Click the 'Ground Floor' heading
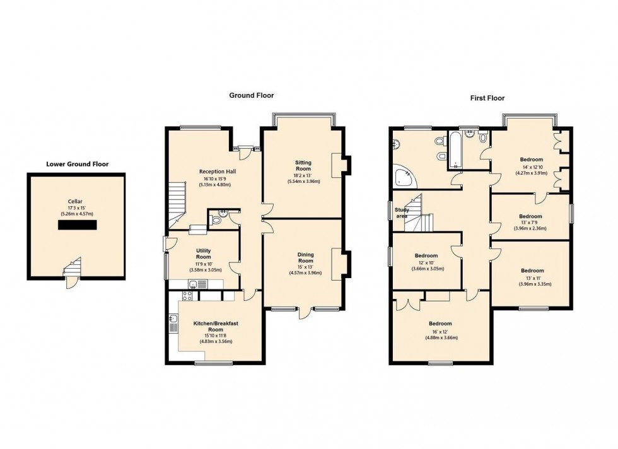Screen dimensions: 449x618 click(251, 95)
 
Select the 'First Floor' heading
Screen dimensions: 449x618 click(487, 98)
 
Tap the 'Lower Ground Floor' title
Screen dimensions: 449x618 click(77, 164)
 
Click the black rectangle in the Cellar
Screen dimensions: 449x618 click(77, 224)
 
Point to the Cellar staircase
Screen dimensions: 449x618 click(74, 267)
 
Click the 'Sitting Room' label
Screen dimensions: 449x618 click(303, 166)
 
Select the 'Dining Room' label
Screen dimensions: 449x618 click(305, 258)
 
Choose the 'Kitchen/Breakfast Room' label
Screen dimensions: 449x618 click(216, 326)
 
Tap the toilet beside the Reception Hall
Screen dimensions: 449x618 click(216, 220)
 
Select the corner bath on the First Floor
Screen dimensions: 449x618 click(404, 177)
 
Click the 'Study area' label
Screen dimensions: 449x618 click(402, 213)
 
